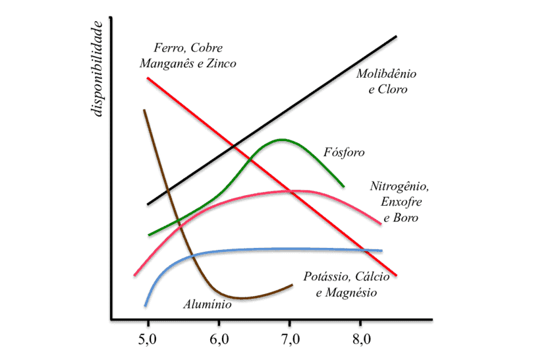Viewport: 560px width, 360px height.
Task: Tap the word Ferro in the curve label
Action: (169, 48)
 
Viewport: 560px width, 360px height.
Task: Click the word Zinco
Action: (219, 63)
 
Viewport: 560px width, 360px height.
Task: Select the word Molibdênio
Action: (386, 73)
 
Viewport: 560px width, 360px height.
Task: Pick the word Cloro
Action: (393, 88)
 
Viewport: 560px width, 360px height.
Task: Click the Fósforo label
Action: (344, 152)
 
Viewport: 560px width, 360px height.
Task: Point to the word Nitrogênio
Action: (400, 187)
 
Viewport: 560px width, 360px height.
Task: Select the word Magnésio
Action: (353, 292)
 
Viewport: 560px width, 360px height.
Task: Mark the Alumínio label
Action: (207, 305)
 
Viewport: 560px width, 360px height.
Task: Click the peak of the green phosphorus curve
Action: (283, 140)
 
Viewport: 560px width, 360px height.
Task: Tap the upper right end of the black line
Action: (396, 36)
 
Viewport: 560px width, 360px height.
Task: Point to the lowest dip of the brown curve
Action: (242, 298)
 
